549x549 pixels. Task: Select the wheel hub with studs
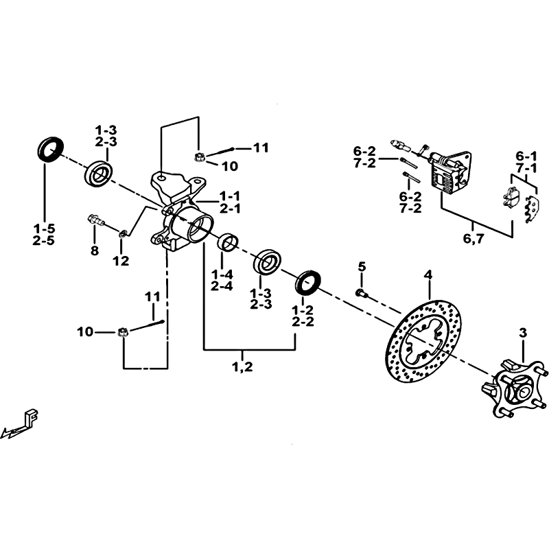click(514, 388)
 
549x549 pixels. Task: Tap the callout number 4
click(428, 275)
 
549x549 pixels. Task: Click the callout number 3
click(523, 333)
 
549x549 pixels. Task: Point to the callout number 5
click(362, 266)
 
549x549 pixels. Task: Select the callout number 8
click(95, 250)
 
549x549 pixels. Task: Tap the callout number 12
click(121, 261)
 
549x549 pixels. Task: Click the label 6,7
click(474, 239)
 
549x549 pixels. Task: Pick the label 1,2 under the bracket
click(242, 367)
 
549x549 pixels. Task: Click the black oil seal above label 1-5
click(50, 150)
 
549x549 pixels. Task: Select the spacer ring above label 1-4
click(229, 242)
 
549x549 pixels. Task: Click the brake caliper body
click(449, 172)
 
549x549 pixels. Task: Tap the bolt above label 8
click(95, 220)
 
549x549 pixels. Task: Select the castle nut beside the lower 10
click(122, 331)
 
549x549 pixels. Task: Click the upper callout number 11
click(261, 148)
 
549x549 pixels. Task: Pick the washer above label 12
click(123, 233)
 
